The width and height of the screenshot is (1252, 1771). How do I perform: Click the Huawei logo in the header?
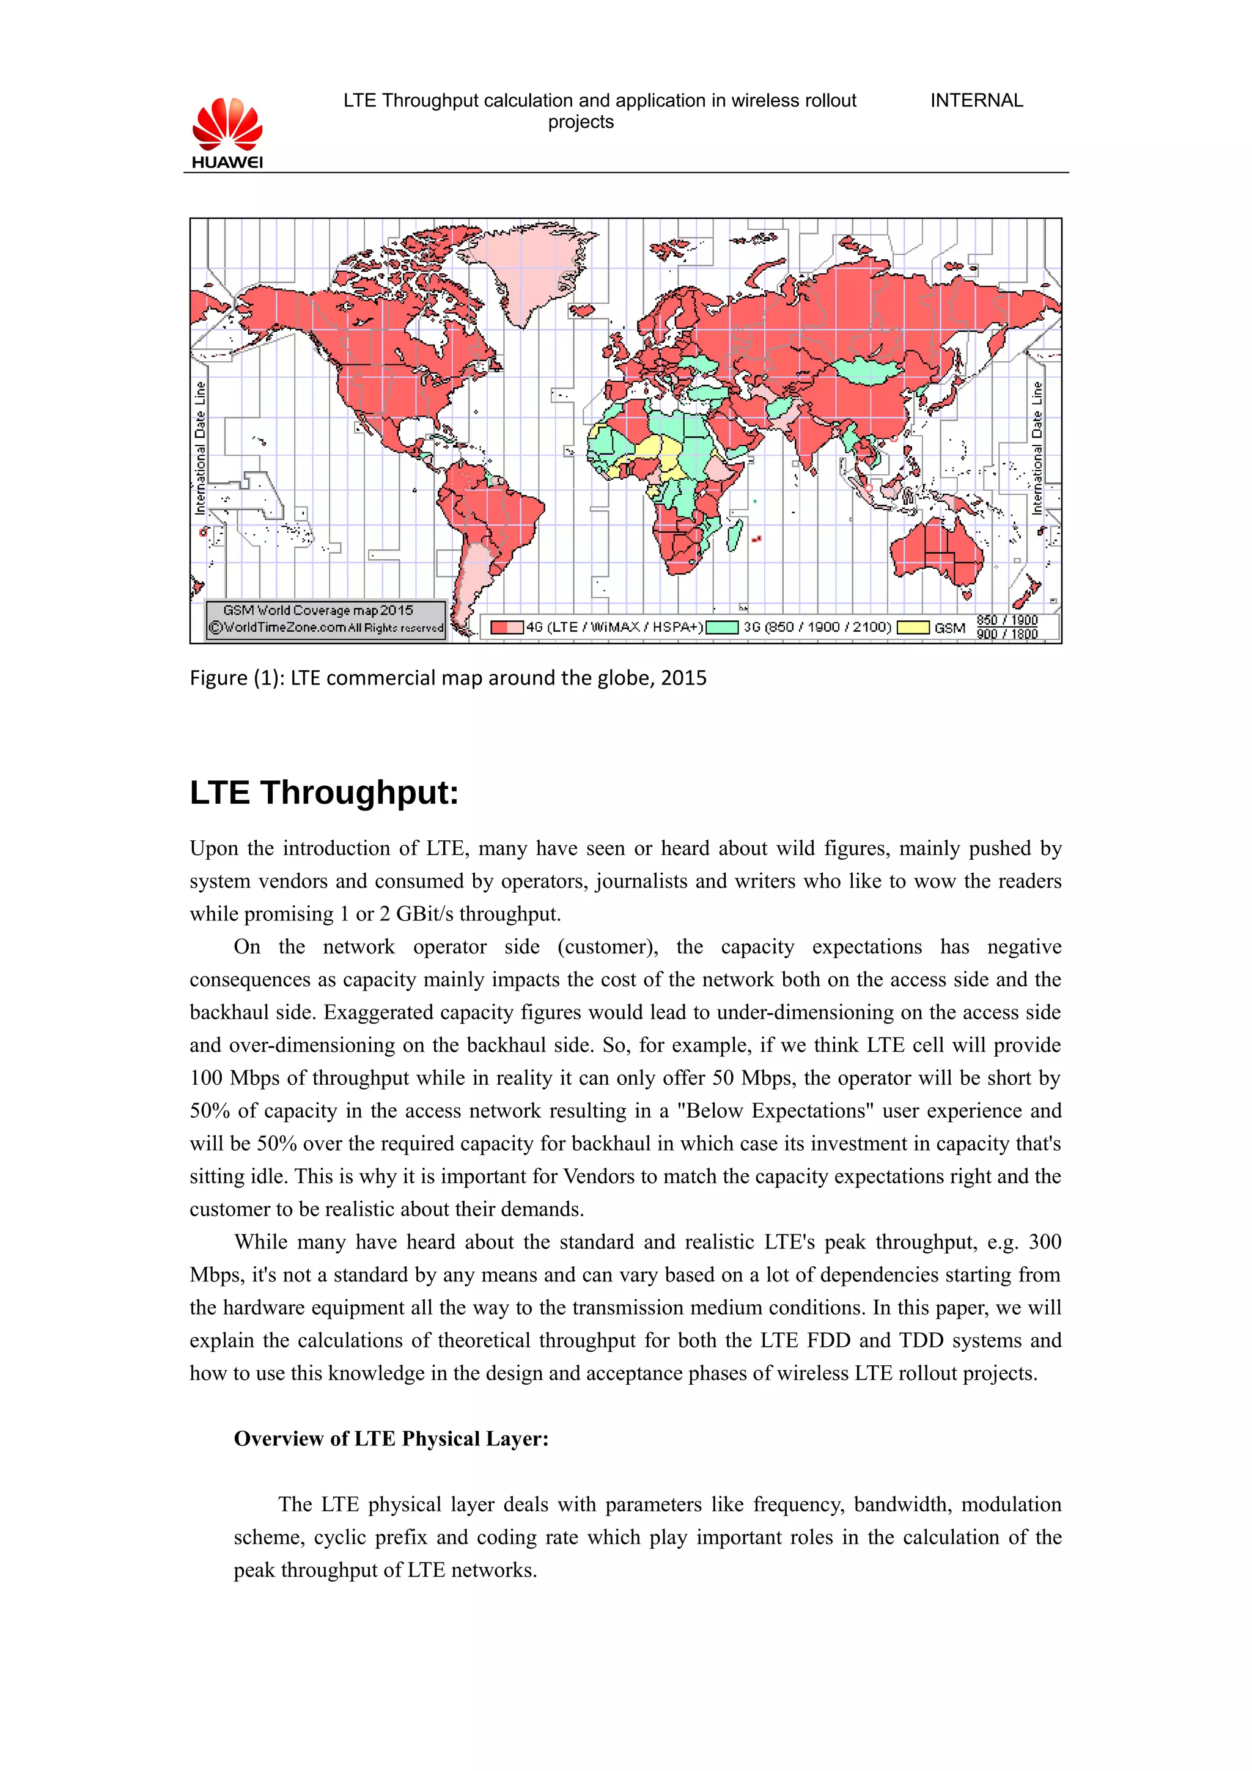(227, 133)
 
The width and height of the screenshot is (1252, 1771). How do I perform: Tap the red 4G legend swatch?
(506, 627)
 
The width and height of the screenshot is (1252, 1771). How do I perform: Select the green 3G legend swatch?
(722, 627)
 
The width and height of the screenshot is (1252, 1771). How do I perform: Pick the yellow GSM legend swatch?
(913, 627)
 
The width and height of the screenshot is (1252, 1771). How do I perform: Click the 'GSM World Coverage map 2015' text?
(318, 610)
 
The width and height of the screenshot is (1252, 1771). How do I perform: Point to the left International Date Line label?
(201, 447)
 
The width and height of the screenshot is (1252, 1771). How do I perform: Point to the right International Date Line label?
(1037, 447)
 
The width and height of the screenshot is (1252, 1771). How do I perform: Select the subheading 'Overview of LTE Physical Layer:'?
(391, 1439)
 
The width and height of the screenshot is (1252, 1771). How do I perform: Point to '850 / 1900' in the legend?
(1007, 620)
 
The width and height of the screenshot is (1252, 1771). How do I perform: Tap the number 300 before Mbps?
(1045, 1242)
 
